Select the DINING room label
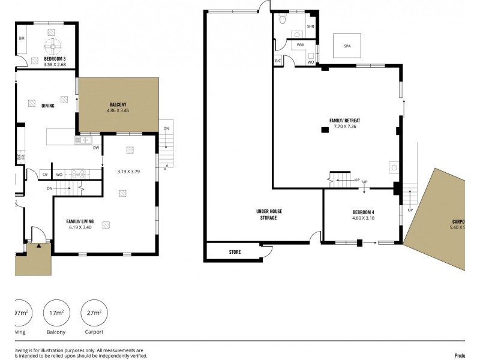(x=48, y=106)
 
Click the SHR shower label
(x=310, y=27)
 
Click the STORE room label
(x=235, y=252)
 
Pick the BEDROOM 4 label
(x=364, y=212)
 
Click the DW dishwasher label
(x=95, y=148)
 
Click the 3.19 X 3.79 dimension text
(x=128, y=172)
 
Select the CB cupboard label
(x=45, y=175)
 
